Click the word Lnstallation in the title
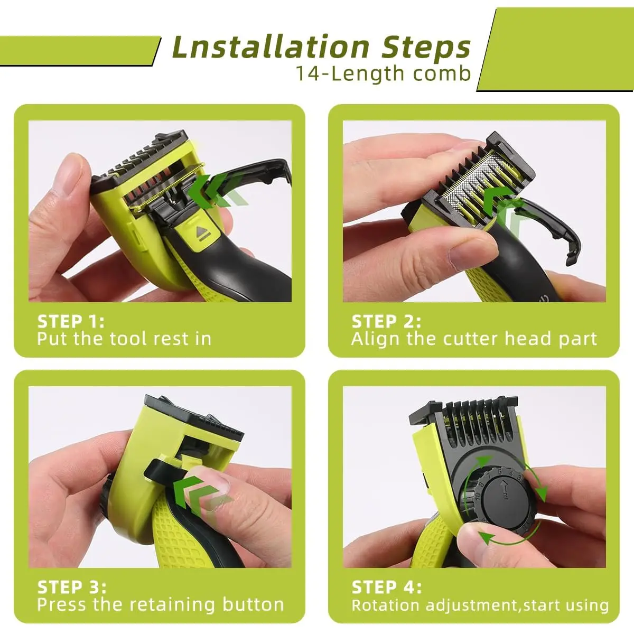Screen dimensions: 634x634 click(271, 47)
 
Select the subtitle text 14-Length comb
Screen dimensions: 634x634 click(383, 73)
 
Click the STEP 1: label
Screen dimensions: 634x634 click(71, 321)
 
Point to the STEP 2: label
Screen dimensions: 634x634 click(386, 321)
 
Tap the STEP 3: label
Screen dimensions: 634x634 click(72, 587)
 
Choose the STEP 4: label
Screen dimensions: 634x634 click(387, 587)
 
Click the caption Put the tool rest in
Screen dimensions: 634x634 click(124, 339)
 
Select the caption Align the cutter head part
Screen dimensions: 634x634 click(474, 339)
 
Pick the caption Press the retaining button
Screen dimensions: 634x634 click(161, 604)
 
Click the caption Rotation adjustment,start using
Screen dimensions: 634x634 click(480, 605)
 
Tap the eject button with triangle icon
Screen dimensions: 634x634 click(201, 234)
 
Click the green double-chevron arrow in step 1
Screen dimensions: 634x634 click(219, 191)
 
